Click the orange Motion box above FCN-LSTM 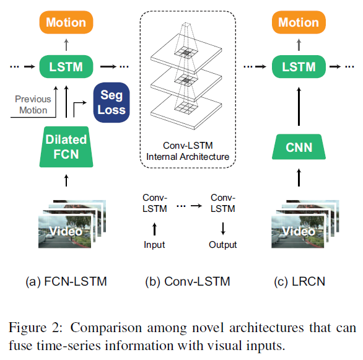coord(66,22)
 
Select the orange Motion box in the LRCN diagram coord(299,22)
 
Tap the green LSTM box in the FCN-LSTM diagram coord(66,67)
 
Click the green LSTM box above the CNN coord(299,67)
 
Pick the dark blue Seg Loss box coord(112,102)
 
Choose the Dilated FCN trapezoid coord(66,147)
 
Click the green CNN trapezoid coord(299,147)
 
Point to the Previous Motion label coord(33,105)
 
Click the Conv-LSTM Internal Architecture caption coord(188,151)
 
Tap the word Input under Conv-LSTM coord(154,245)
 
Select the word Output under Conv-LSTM coord(223,245)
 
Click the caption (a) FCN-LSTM coord(66,281)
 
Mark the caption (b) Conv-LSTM coord(188,281)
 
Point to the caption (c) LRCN coord(300,281)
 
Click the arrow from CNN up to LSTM coord(299,106)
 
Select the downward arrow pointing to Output coord(223,229)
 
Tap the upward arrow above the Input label coord(154,229)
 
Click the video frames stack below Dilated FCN coord(72,224)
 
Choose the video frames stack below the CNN coord(305,224)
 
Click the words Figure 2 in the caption coord(35,328)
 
